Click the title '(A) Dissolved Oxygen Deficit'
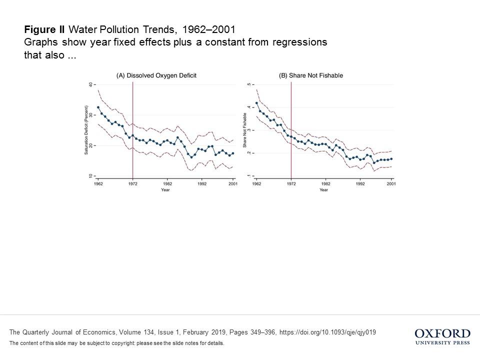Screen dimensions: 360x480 tap(156, 75)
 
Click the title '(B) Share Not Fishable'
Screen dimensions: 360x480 tap(310, 75)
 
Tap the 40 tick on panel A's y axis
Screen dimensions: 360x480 tap(90, 85)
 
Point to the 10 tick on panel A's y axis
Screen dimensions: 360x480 tap(90, 176)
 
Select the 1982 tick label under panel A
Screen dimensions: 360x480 tap(167, 184)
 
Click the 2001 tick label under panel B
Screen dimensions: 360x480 tap(391, 184)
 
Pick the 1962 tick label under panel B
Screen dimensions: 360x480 tap(256, 184)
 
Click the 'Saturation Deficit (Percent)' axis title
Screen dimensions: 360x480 tap(86, 130)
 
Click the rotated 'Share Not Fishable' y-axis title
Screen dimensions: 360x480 tap(245, 130)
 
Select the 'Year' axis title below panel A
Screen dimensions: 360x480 tap(165, 190)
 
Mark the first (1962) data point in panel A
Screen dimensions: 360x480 tap(98, 107)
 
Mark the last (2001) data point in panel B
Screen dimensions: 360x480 tap(391, 158)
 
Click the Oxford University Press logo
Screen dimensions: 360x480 tap(442, 336)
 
